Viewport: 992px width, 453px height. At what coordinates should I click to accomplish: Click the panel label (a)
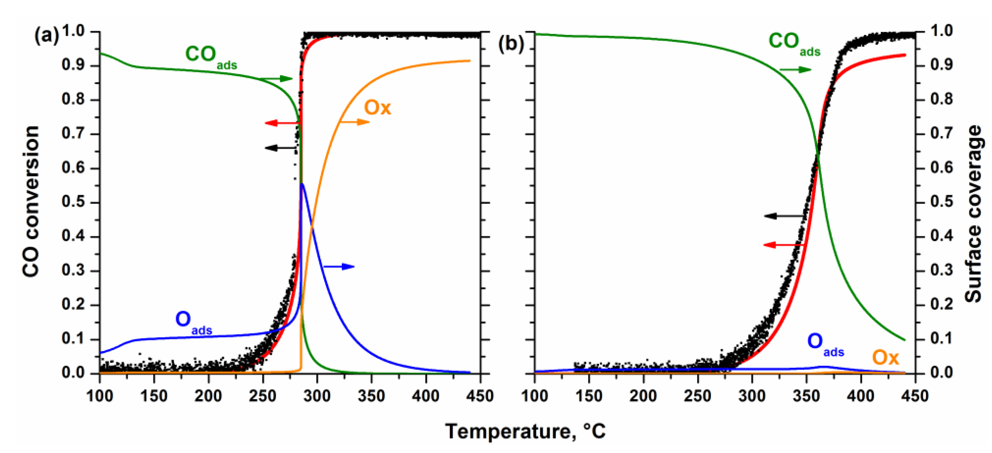pyautogui.click(x=46, y=37)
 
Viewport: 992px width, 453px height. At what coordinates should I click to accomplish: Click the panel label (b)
pyautogui.click(x=511, y=43)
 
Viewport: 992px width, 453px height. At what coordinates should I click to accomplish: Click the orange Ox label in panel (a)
pyautogui.click(x=377, y=108)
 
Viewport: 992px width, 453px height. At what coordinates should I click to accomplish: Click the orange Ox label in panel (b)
pyautogui.click(x=885, y=358)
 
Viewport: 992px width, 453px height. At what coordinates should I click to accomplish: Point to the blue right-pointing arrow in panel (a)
pyautogui.click(x=339, y=266)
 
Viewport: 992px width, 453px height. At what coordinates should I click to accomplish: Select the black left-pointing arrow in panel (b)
pyautogui.click(x=784, y=216)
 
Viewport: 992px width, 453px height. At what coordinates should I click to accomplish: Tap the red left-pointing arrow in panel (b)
pyautogui.click(x=784, y=245)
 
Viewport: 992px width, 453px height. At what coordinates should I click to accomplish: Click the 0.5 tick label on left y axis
pyautogui.click(x=73, y=202)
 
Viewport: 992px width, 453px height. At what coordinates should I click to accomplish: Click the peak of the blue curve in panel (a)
pyautogui.click(x=302, y=184)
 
